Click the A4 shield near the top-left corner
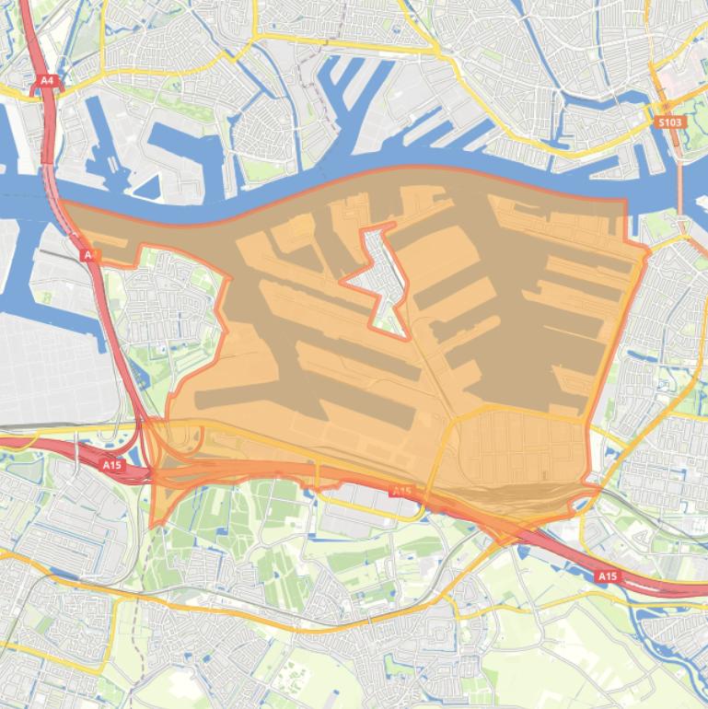click(47, 81)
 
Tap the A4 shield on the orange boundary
click(89, 254)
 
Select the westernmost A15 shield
click(112, 465)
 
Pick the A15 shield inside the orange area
click(401, 492)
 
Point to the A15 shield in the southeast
click(606, 576)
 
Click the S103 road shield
click(669, 122)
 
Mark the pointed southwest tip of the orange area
click(152, 526)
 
